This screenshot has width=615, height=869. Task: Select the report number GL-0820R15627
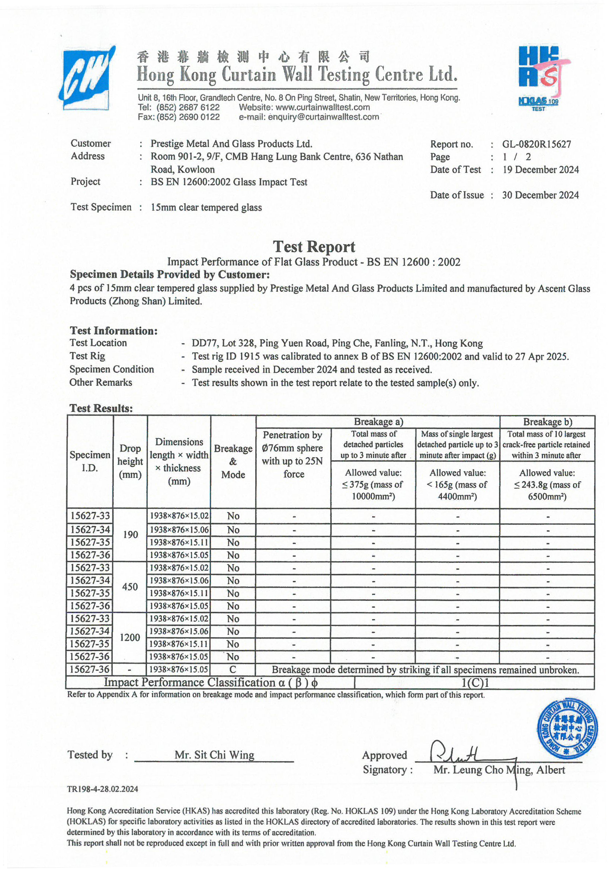(536, 144)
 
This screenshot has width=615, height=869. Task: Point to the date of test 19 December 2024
(540, 169)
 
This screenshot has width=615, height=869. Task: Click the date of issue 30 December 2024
(540, 195)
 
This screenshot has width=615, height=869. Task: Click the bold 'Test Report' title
(314, 247)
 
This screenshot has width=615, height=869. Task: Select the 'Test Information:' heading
(113, 331)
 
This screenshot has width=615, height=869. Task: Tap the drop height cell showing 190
(130, 535)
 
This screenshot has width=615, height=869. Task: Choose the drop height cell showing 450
(130, 587)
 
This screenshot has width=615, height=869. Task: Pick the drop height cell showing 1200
(130, 637)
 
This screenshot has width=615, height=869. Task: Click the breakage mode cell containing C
(233, 669)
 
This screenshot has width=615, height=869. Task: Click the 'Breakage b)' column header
(547, 421)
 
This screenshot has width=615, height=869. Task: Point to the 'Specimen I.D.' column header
(90, 461)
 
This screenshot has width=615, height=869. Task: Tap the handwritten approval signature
(455, 753)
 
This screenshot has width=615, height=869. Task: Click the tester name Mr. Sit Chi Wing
(214, 755)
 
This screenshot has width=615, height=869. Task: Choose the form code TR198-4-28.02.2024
(103, 789)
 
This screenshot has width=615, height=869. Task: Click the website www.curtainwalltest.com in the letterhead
(323, 107)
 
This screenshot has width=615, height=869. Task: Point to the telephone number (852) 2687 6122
(188, 107)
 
